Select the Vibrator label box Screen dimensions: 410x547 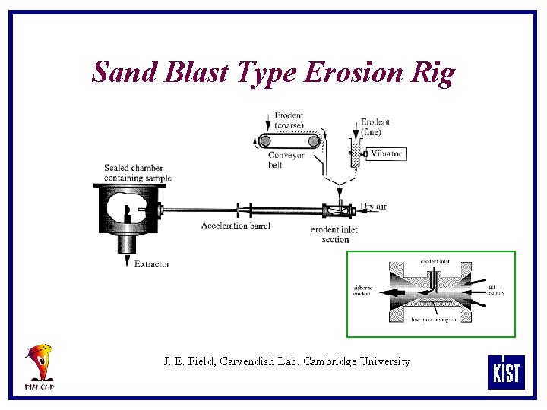386,153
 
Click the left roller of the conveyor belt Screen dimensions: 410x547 264,140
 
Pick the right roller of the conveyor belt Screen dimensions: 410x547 313,140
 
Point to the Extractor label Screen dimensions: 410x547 152,264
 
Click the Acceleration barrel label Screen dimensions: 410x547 236,225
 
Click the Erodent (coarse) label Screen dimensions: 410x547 289,120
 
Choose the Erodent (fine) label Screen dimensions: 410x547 375,126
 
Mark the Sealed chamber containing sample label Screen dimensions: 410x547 138,172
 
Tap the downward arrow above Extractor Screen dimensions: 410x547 128,260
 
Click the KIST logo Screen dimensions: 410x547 505,372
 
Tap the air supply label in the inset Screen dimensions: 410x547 496,289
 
